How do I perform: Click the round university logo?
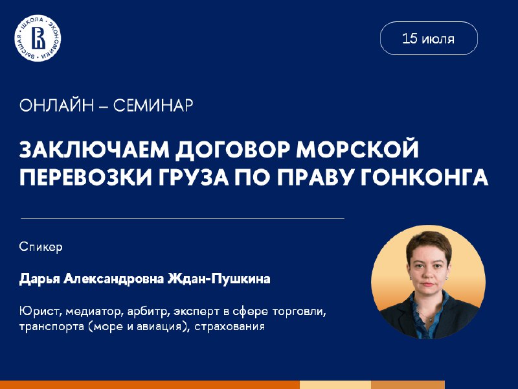point(38,38)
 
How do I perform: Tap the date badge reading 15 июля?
point(429,38)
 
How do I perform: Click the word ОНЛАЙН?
point(56,106)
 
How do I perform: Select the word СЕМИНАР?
point(153,106)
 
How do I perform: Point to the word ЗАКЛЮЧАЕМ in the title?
point(95,150)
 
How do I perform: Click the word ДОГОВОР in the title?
point(232,150)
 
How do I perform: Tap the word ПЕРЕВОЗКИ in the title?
point(86,176)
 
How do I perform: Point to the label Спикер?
point(41,247)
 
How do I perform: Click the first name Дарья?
point(39,279)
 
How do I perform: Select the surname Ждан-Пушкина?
point(219,279)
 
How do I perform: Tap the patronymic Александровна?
point(114,279)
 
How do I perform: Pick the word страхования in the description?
point(230,327)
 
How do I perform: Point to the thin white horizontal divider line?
point(183,218)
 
